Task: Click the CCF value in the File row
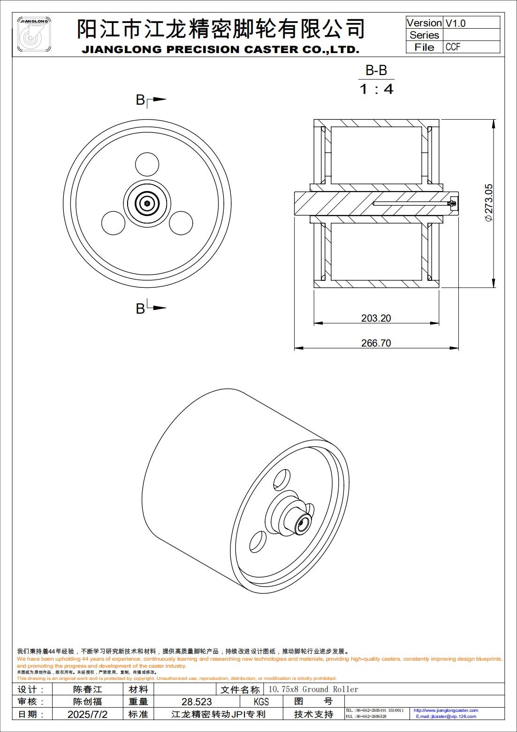tap(453, 47)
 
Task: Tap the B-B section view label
tap(376, 70)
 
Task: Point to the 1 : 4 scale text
tap(376, 89)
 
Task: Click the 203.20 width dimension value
tap(376, 318)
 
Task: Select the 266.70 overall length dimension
tap(376, 343)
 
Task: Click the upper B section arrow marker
tap(150, 100)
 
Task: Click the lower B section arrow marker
tap(150, 308)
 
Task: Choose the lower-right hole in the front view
tap(181, 223)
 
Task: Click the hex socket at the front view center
tap(147, 203)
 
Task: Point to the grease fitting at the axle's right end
tap(453, 203)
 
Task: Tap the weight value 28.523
tap(197, 701)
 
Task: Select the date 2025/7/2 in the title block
tap(87, 714)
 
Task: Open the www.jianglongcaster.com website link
tap(446, 710)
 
